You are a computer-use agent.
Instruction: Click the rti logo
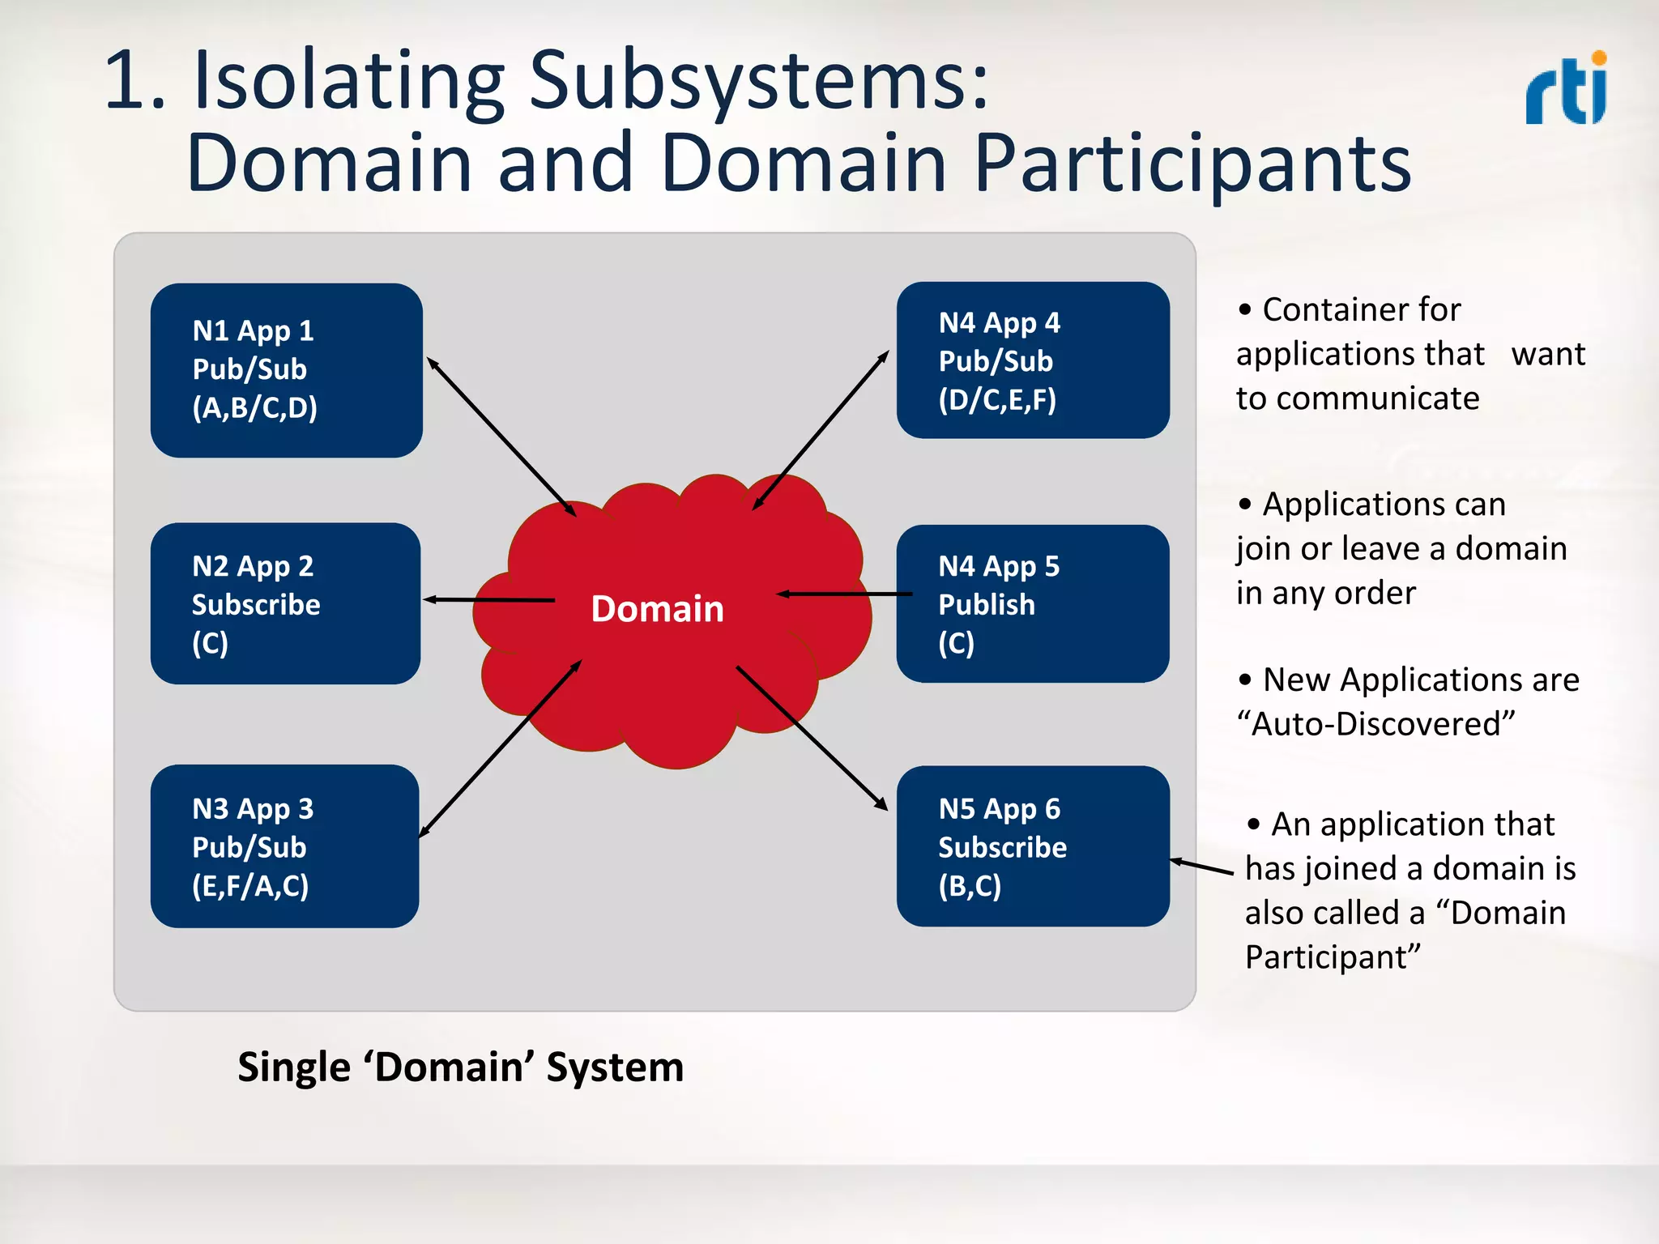[1566, 89]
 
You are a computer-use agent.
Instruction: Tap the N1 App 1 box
[286, 370]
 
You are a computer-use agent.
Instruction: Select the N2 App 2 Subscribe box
[285, 603]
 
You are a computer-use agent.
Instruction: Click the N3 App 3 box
[284, 846]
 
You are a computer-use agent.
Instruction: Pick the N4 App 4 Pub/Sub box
[1033, 360]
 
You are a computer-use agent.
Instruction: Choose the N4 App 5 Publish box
[1033, 603]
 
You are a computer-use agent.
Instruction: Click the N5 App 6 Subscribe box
[1033, 846]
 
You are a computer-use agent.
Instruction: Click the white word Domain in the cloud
[657, 608]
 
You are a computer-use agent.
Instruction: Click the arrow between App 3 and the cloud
[501, 748]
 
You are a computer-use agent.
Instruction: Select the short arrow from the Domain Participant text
[1202, 867]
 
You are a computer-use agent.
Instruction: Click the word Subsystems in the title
[758, 81]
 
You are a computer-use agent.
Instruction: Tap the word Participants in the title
[1192, 164]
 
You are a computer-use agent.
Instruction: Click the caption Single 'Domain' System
[460, 1067]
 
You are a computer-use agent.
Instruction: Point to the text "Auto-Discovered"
[1375, 723]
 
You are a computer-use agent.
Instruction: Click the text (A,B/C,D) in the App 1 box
[254, 407]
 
